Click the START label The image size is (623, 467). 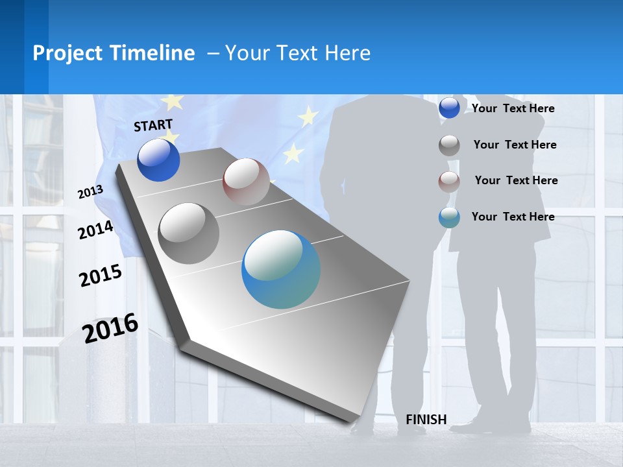(x=153, y=125)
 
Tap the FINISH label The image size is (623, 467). (x=426, y=420)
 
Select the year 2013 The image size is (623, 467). (x=90, y=192)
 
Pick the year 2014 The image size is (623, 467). (x=95, y=230)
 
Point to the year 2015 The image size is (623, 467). (x=100, y=276)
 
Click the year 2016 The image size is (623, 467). (x=110, y=328)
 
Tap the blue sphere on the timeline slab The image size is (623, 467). (x=159, y=160)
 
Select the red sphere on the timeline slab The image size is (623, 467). (x=246, y=182)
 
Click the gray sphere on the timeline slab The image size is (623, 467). (x=189, y=233)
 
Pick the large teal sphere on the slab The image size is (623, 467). (x=281, y=269)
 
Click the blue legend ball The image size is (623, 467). (x=449, y=108)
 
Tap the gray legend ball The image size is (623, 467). (x=449, y=145)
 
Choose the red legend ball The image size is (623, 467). (x=449, y=182)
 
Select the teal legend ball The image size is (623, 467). (x=449, y=217)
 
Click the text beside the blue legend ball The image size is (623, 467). (x=513, y=108)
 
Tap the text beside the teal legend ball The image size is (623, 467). (x=513, y=217)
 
